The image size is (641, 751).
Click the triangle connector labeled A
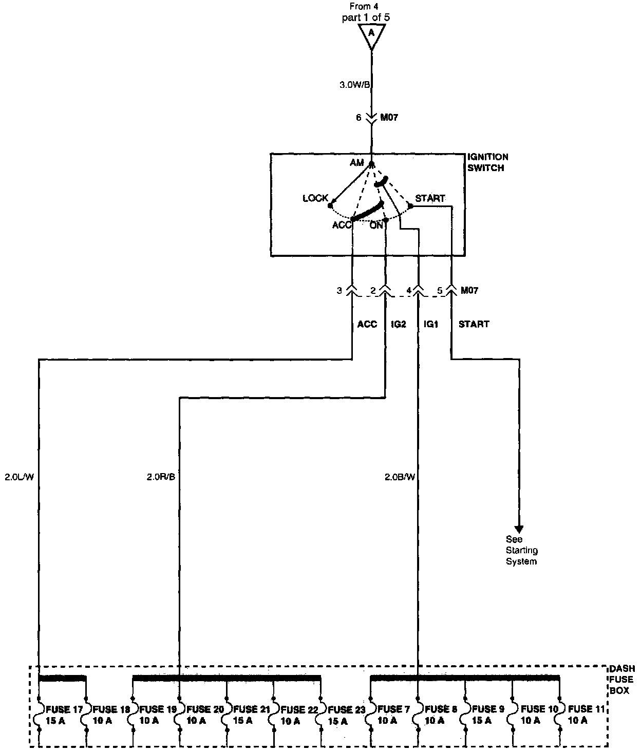tap(371, 34)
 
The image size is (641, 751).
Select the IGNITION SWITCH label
tap(487, 162)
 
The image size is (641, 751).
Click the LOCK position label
tap(315, 198)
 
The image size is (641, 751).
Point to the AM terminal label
tap(356, 163)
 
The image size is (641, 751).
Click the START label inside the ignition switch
tap(430, 198)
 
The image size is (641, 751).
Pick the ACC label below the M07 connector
tap(367, 324)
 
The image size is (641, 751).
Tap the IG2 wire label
tap(398, 324)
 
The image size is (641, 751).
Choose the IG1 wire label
tap(430, 324)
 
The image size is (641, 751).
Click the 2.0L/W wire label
tap(19, 477)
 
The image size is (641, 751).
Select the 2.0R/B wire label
tap(161, 477)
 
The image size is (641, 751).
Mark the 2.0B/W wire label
tap(400, 477)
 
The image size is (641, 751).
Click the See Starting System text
tap(521, 551)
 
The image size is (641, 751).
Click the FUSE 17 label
tap(64, 710)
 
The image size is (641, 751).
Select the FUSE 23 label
tap(347, 710)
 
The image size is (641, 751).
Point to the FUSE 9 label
tap(488, 710)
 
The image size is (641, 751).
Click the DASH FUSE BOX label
tap(622, 680)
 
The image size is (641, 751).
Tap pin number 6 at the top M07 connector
tap(359, 118)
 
